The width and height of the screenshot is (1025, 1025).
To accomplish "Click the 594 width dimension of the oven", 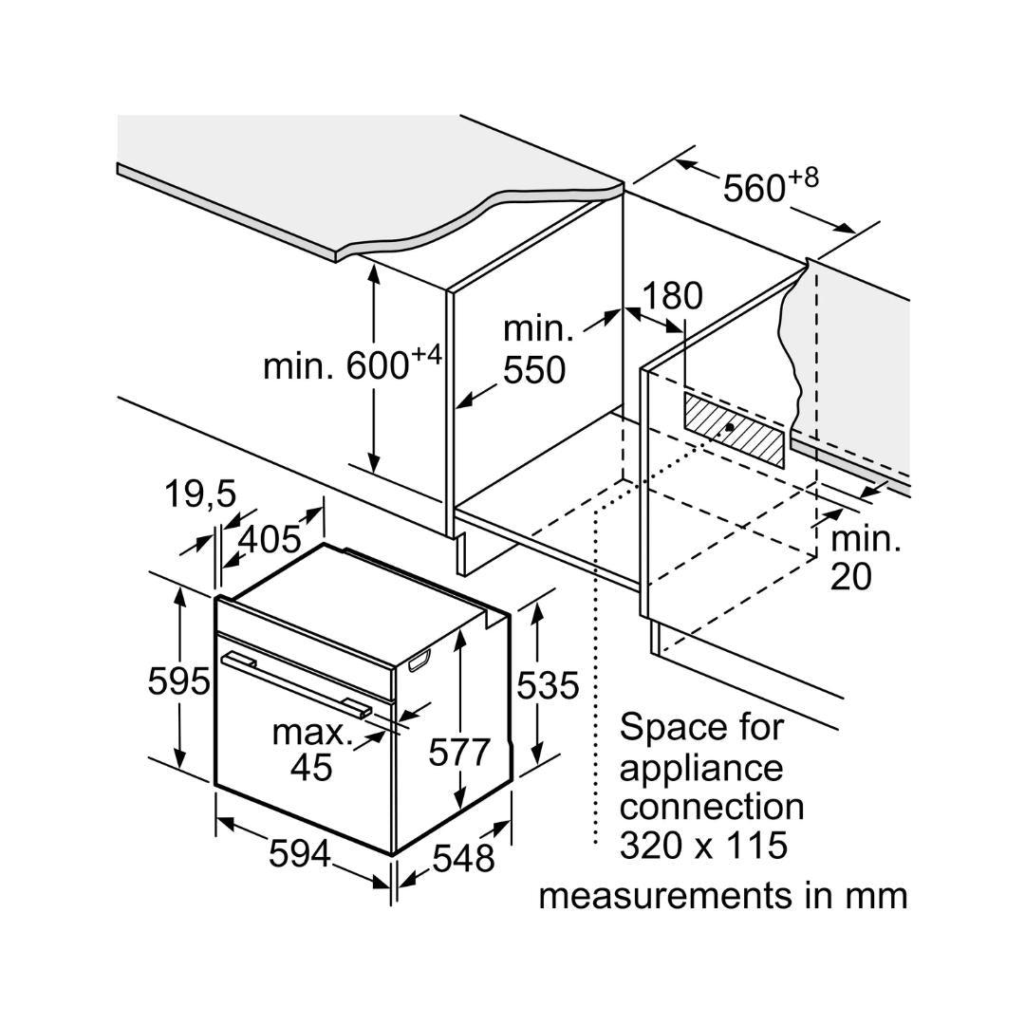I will click(299, 853).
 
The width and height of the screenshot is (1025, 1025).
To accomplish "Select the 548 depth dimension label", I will click(463, 858).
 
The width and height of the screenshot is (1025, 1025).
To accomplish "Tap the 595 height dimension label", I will click(178, 680).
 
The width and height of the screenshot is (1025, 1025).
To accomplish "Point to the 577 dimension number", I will click(459, 752).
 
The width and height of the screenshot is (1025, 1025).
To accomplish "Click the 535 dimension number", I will click(547, 684).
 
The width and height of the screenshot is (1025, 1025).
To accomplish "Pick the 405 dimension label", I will click(269, 539).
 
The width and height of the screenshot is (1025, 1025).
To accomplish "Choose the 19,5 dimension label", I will click(199, 494).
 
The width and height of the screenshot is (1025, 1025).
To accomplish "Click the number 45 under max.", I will click(311, 767).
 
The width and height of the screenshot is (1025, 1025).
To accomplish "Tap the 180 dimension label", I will click(673, 296).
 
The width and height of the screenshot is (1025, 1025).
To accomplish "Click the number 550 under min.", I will click(534, 370).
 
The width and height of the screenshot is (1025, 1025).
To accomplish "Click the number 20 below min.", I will click(850, 577).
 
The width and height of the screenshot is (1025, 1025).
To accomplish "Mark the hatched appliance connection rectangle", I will click(734, 430).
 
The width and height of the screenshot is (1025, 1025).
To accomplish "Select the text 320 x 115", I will click(703, 844).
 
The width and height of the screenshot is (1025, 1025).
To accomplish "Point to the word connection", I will click(711, 806).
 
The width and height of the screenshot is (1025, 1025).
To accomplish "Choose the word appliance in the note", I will click(701, 768).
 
